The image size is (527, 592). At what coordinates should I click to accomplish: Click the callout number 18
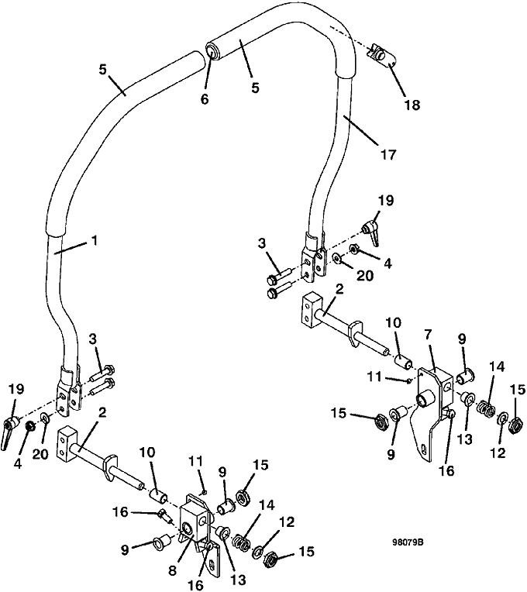412,105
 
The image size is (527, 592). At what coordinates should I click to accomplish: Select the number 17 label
387,154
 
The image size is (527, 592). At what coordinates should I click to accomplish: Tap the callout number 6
205,99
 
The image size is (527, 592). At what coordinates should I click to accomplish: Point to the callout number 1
95,240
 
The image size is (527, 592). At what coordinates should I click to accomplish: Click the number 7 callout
427,335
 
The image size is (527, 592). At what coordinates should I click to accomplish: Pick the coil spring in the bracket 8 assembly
241,542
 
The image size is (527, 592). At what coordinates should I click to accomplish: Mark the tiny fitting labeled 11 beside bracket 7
409,380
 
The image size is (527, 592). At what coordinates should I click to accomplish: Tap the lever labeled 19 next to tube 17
372,232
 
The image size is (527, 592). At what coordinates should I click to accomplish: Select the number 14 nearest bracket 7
497,367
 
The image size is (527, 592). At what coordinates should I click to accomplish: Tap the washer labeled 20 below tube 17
336,258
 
